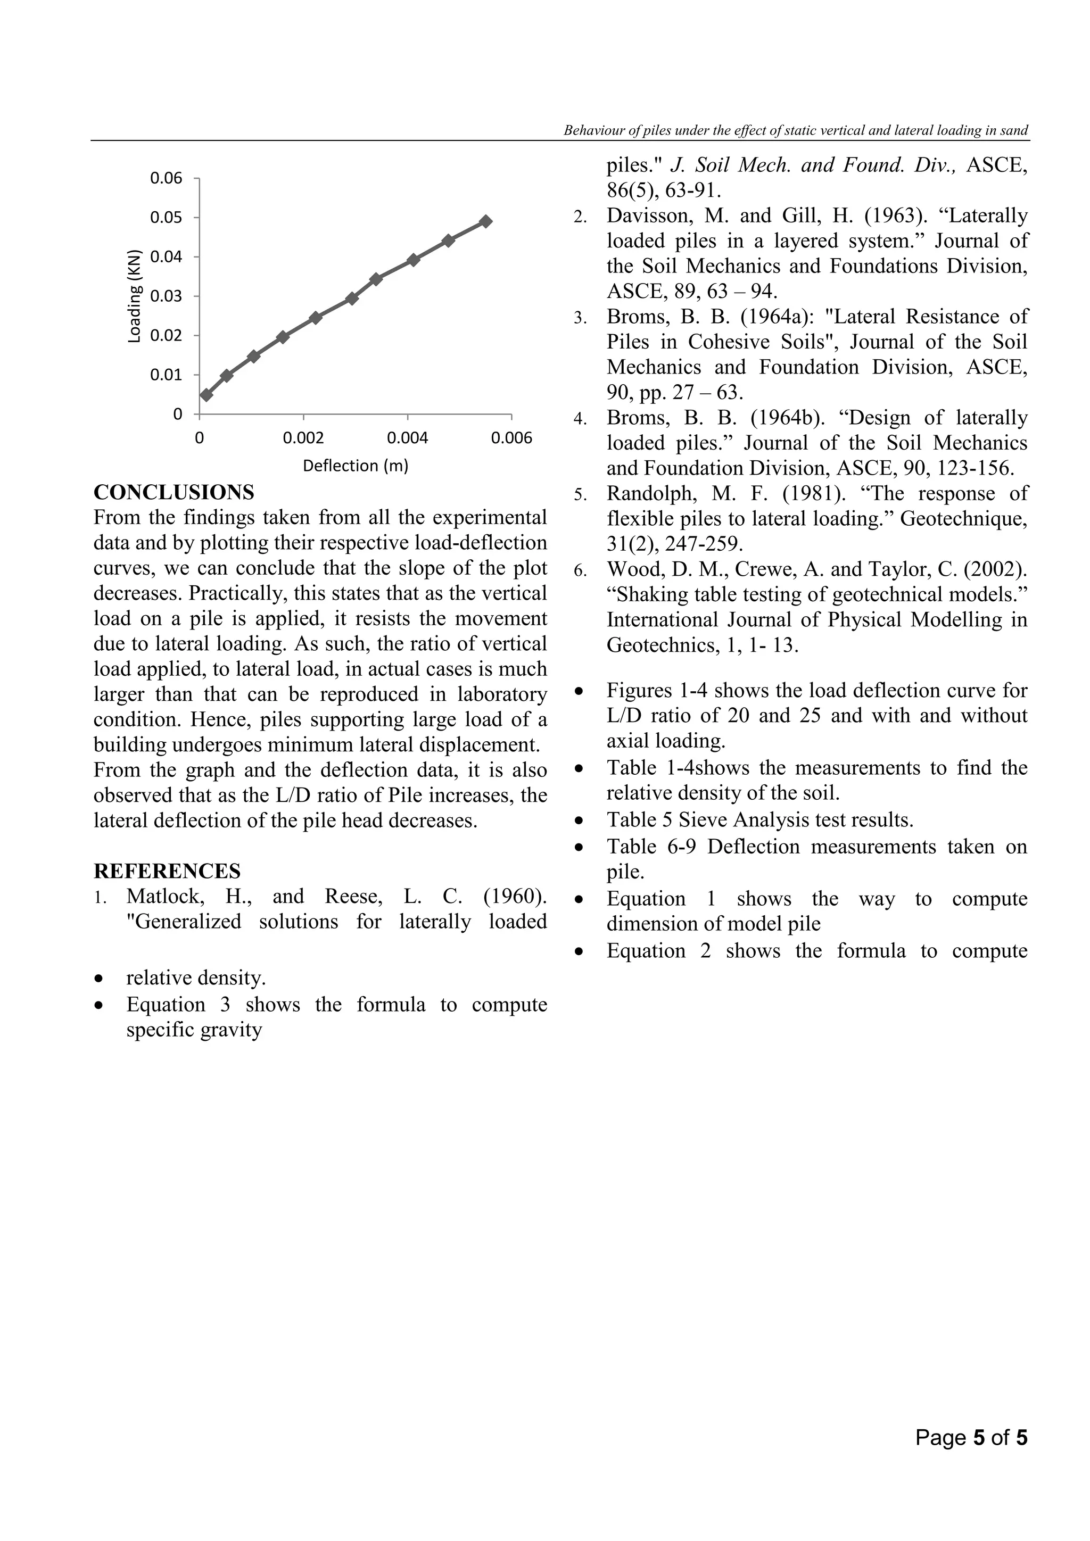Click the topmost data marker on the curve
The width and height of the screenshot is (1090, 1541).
coord(486,221)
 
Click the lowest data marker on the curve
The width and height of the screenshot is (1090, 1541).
coord(206,395)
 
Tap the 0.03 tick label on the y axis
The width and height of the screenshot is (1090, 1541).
coord(166,296)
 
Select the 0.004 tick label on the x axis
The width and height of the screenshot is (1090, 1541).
coord(407,438)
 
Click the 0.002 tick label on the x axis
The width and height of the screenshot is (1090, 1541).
coord(303,438)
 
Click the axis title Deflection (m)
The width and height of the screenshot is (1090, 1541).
coord(355,466)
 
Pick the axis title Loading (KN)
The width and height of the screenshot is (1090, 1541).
coord(135,296)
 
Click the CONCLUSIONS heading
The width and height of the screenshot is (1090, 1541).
coord(174,492)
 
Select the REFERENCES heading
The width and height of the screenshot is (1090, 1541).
coord(167,871)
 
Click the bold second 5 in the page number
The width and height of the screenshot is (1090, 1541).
coord(1021,1438)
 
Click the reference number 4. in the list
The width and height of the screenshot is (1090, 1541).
coord(580,419)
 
